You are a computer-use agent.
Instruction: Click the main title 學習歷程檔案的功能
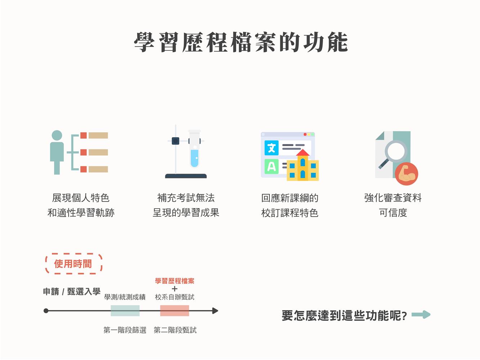pyautogui.click(x=241, y=42)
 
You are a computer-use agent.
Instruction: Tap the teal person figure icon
pyautogui.click(x=57, y=152)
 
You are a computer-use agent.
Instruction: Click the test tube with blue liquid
pyautogui.click(x=194, y=149)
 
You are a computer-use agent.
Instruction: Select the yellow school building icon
pyautogui.click(x=302, y=165)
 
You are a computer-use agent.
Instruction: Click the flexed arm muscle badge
pyautogui.click(x=407, y=174)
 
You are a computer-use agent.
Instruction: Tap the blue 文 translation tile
pyautogui.click(x=272, y=148)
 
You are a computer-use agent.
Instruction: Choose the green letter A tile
pyautogui.click(x=272, y=167)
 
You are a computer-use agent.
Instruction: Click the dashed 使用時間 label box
pyautogui.click(x=74, y=264)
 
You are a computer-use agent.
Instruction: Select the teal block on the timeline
pyautogui.click(x=125, y=311)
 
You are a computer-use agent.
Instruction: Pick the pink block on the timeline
pyautogui.click(x=175, y=311)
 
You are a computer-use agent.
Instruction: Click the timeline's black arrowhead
pyautogui.click(x=215, y=311)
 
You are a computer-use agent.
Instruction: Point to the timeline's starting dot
pyautogui.click(x=46, y=311)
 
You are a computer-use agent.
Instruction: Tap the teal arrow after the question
pyautogui.click(x=421, y=315)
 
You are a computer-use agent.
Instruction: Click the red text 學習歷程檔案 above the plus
pyautogui.click(x=175, y=281)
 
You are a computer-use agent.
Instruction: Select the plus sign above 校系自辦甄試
pyautogui.click(x=175, y=289)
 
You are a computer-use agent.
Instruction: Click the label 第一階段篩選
pyautogui.click(x=125, y=330)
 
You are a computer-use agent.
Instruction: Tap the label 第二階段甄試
pyautogui.click(x=175, y=330)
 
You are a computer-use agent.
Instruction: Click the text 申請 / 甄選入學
pyautogui.click(x=72, y=291)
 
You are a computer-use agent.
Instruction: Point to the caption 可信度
pyautogui.click(x=393, y=212)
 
